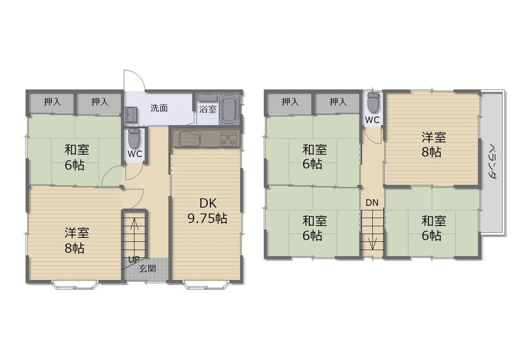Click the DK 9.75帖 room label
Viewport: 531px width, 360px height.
click(x=207, y=211)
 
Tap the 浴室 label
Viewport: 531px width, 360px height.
click(x=208, y=109)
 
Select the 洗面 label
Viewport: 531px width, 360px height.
click(x=159, y=108)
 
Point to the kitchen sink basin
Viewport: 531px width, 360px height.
click(x=190, y=139)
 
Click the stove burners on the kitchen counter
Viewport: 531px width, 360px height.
click(x=229, y=139)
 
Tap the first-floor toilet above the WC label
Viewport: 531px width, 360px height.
click(x=134, y=138)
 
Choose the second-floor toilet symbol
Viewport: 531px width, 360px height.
click(x=372, y=102)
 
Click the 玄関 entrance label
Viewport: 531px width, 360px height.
click(x=148, y=269)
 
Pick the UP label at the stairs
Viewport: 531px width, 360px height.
click(x=134, y=259)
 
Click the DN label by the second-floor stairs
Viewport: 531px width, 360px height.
click(x=372, y=203)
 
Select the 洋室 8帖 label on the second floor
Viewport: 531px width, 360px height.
click(x=433, y=145)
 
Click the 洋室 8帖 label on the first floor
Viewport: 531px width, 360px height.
click(x=77, y=240)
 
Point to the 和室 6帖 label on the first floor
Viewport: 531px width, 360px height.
click(x=77, y=157)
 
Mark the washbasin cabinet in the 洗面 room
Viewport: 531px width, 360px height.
click(x=130, y=115)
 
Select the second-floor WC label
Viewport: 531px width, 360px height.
click(x=372, y=120)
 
